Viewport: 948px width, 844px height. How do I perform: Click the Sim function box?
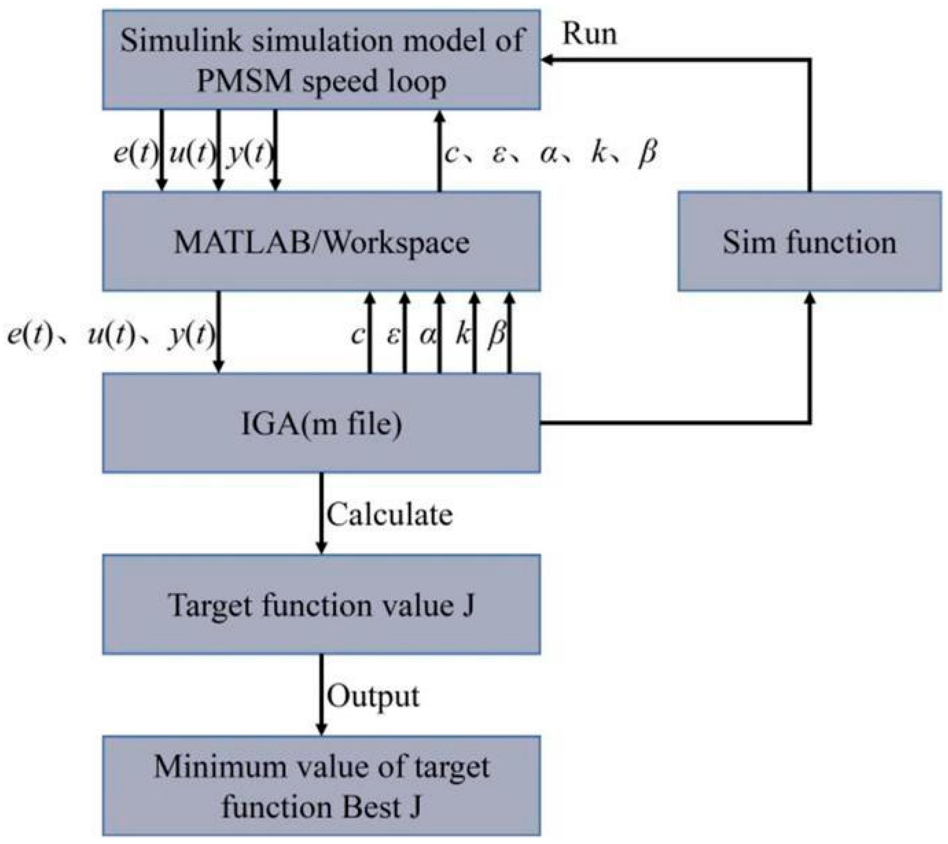(x=809, y=241)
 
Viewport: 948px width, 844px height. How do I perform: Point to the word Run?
(x=589, y=34)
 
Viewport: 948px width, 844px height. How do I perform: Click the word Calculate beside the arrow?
(x=389, y=515)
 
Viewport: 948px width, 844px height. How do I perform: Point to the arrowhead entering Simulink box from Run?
(x=547, y=60)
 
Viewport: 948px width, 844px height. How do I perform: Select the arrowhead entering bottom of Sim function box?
(x=809, y=298)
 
